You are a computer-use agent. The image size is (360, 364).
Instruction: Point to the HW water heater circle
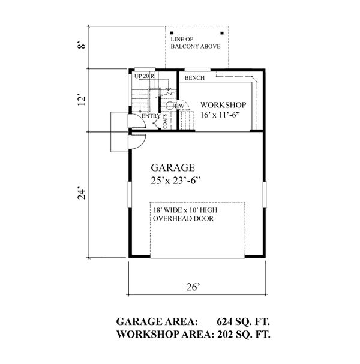(172, 106)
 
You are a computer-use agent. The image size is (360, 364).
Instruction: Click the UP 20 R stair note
(145, 76)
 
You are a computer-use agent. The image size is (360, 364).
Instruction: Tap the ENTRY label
(143, 116)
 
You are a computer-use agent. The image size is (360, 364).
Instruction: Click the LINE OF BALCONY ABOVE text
(195, 43)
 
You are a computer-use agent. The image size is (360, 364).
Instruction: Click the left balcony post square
(172, 33)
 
